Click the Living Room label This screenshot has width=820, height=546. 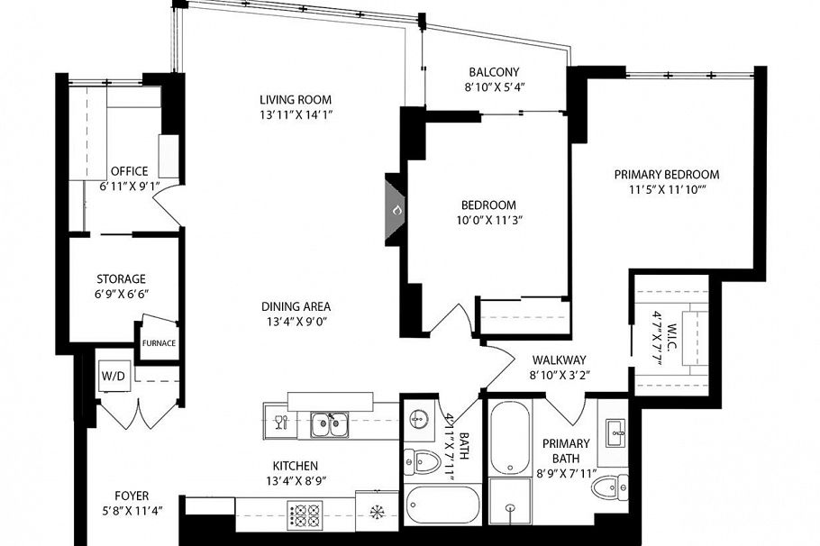(x=296, y=99)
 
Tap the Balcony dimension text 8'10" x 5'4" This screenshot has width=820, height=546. (x=494, y=88)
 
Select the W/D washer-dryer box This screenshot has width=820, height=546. (x=114, y=376)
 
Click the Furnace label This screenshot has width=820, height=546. (x=158, y=343)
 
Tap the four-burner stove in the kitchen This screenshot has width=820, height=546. (x=304, y=516)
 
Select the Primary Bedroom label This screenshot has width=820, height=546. (x=666, y=174)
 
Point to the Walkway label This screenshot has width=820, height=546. (x=559, y=359)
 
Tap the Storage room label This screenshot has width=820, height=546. (x=121, y=279)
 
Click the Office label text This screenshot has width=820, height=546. (x=128, y=171)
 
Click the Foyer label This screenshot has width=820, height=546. (x=132, y=496)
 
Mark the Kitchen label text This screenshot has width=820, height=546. (x=296, y=466)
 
